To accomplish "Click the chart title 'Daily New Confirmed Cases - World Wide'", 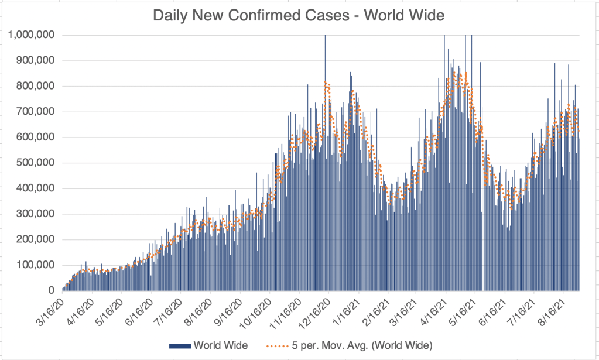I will pos(299,15).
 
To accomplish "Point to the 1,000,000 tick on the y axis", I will pos(32,35).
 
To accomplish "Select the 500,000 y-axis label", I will pos(36,163).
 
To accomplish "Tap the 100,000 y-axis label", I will pos(36,265).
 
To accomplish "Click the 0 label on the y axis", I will pos(51,291).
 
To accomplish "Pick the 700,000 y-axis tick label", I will pos(36,112).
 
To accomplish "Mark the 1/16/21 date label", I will pos(347,313).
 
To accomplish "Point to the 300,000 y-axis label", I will pos(36,214).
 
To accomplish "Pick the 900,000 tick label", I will pos(36,61).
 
